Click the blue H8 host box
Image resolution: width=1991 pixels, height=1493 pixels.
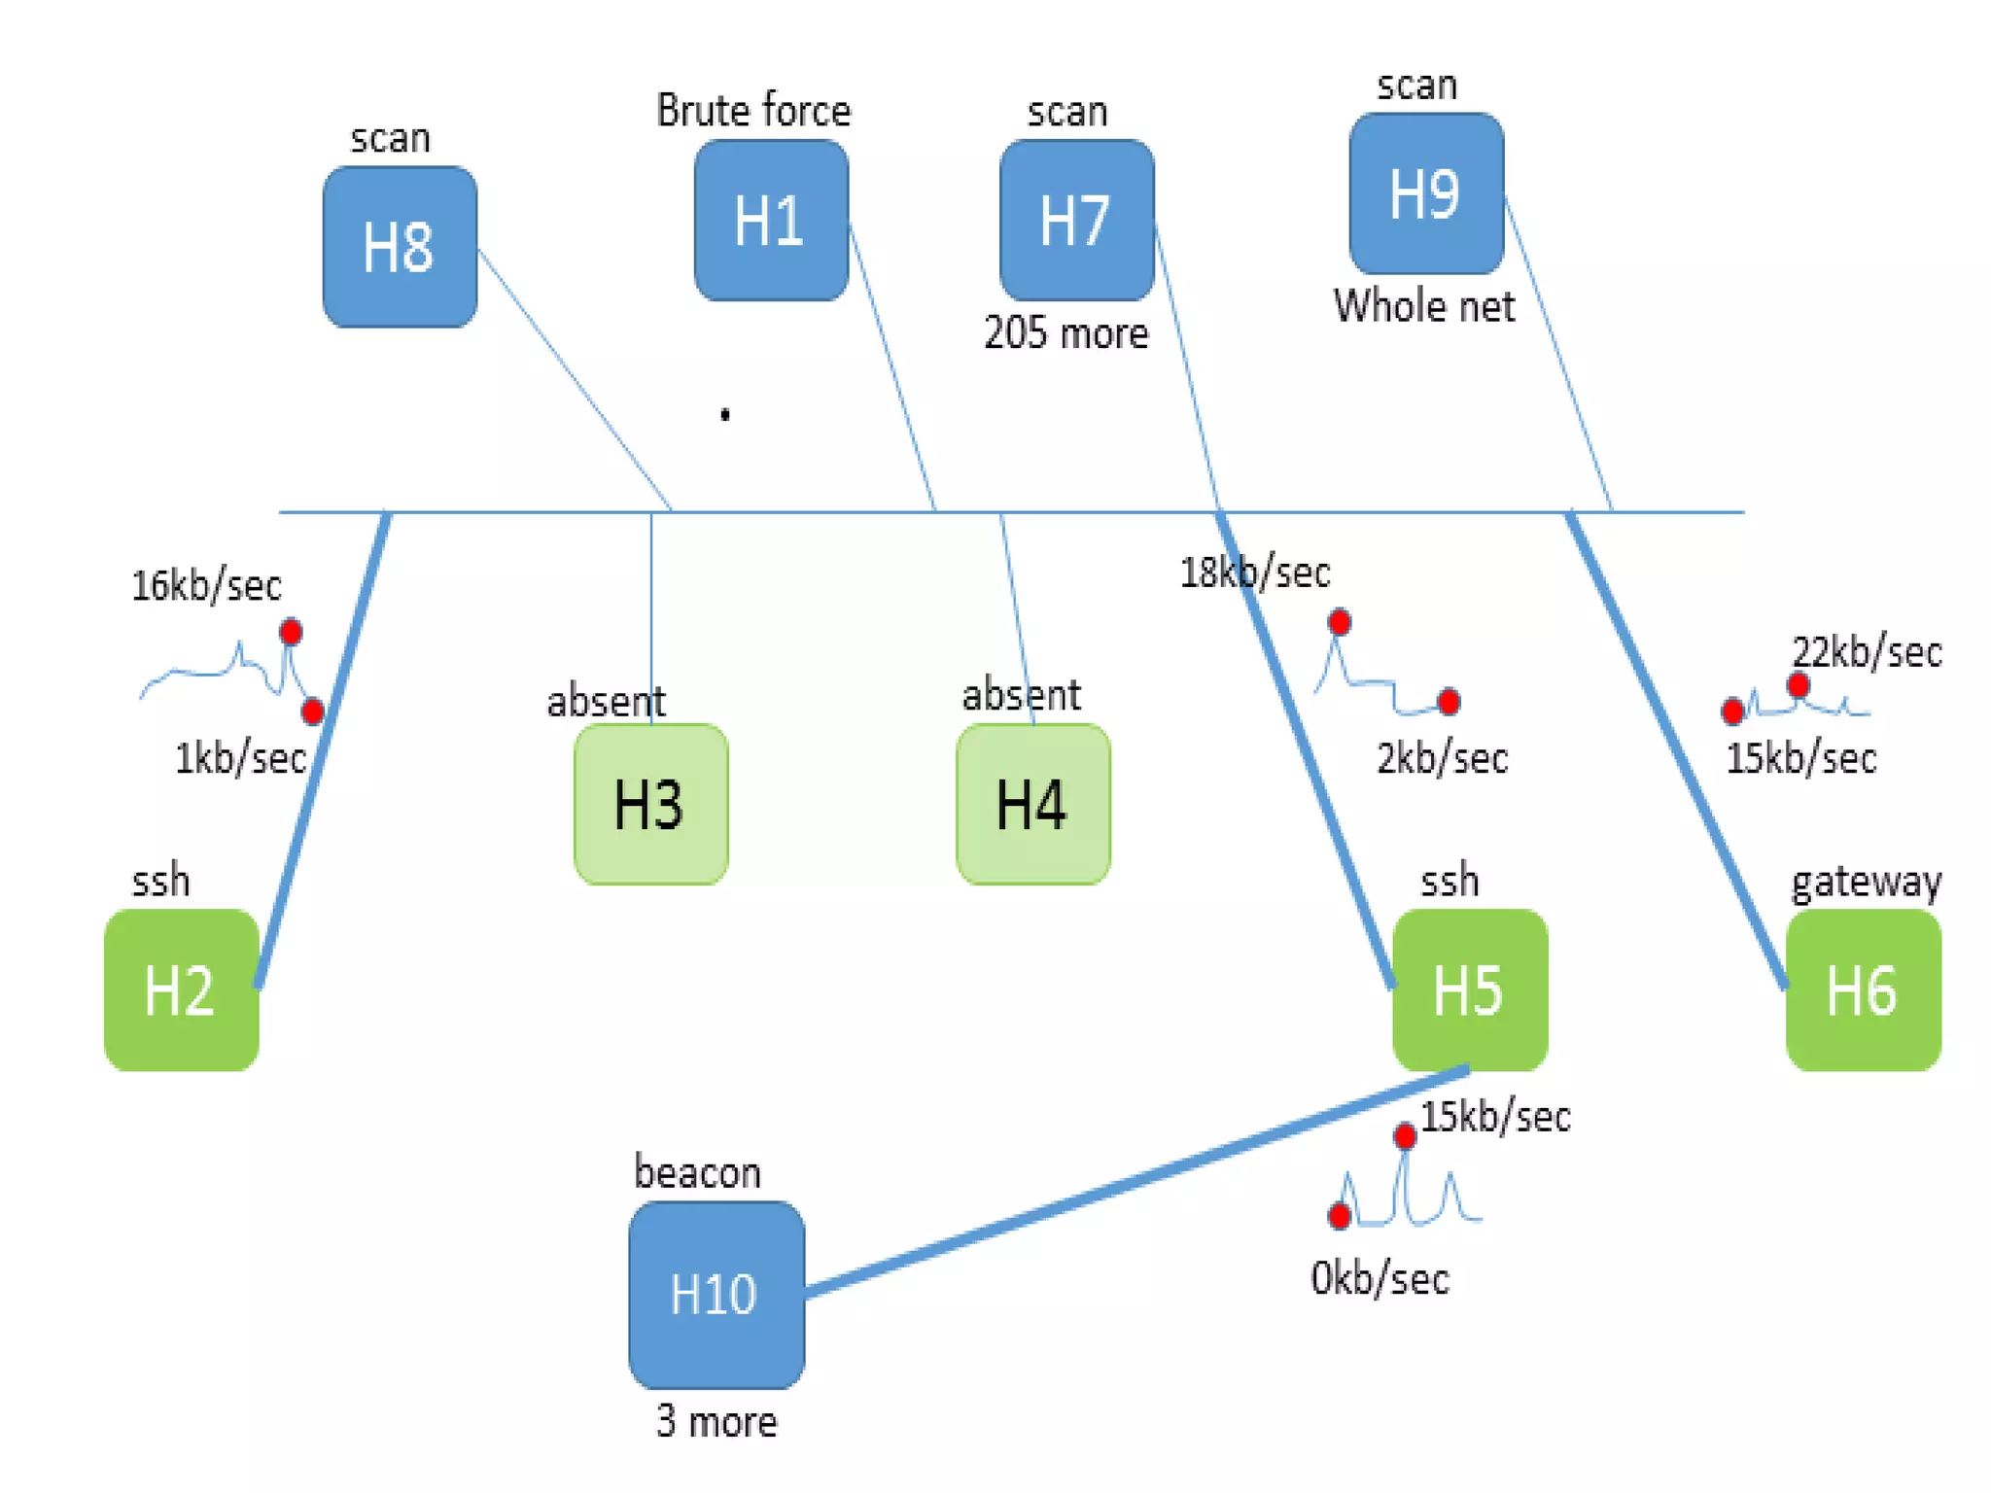click(400, 247)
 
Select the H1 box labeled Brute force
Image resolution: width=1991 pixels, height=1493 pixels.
click(771, 221)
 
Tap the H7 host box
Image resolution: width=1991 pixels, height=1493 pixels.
click(1076, 221)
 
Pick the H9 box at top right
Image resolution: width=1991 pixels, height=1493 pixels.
click(1425, 194)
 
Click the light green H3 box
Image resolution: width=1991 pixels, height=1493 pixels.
click(650, 804)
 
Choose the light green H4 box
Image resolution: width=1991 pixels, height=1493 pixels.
click(1032, 804)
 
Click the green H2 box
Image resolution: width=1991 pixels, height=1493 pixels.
click(181, 990)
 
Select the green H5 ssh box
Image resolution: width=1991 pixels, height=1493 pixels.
click(1469, 990)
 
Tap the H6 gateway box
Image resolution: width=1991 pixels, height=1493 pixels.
click(1863, 990)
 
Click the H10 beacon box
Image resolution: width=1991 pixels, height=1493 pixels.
click(716, 1295)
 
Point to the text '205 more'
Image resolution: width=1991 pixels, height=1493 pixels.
click(1065, 333)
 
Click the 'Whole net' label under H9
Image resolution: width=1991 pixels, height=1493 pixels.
click(1423, 307)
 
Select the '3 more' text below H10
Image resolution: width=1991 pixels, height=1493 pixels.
click(716, 1422)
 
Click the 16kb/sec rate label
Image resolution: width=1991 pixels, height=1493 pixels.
click(206, 586)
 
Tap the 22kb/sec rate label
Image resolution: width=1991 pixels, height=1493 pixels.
click(1867, 651)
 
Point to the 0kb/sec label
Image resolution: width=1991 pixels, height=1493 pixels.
click(1380, 1278)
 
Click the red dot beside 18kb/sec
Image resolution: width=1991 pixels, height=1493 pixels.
click(1339, 622)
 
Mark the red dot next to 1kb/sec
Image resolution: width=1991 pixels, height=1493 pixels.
click(312, 712)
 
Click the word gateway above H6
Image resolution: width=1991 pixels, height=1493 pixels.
click(1866, 882)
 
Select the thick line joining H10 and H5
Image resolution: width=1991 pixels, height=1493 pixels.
click(1137, 1181)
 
